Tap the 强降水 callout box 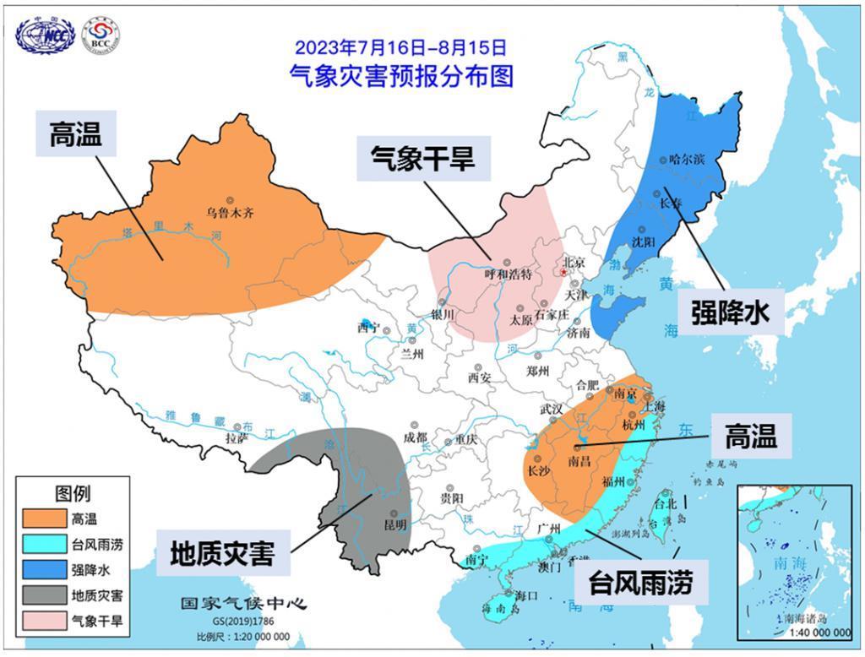[x=732, y=312]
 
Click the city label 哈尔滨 [x=685, y=159]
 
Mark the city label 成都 [x=416, y=437]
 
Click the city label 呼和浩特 [x=508, y=274]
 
